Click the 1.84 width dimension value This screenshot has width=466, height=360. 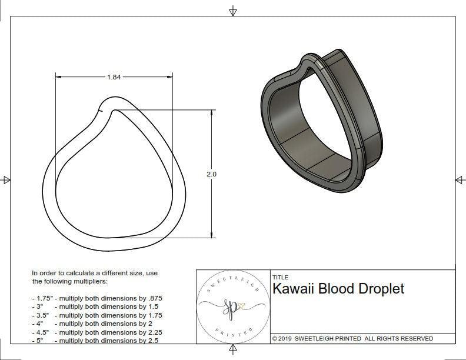pyautogui.click(x=114, y=77)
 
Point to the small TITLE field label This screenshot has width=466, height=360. pyautogui.click(x=280, y=277)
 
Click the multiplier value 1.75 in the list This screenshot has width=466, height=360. pyautogui.click(x=152, y=315)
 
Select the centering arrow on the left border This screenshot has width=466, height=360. pyautogui.click(x=6, y=179)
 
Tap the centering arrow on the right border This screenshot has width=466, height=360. pyautogui.click(x=460, y=179)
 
